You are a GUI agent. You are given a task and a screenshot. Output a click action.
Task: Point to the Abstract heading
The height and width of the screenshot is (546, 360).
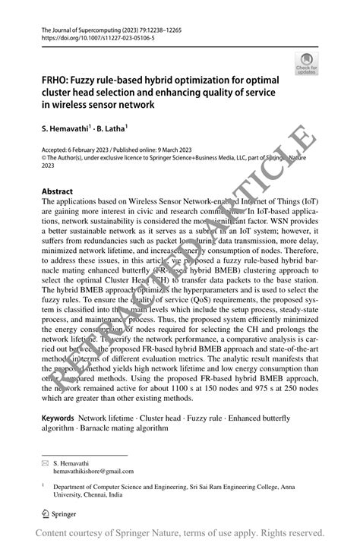[x=58, y=192]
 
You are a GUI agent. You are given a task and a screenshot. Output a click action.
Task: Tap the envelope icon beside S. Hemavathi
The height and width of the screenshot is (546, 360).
[x=45, y=462]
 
